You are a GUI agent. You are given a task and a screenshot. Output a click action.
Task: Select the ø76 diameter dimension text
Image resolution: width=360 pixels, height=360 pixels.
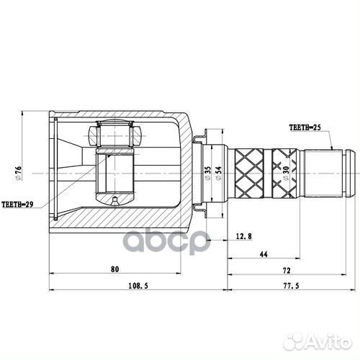pyautogui.click(x=22, y=174)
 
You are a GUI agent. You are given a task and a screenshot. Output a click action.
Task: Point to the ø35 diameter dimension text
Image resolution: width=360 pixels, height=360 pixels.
pyautogui.click(x=207, y=173)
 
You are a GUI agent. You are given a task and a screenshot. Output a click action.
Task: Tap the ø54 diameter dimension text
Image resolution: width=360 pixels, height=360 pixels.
pyautogui.click(x=217, y=173)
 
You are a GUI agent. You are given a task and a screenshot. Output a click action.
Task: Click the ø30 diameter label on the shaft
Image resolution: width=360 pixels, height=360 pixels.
pyautogui.click(x=287, y=173)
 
